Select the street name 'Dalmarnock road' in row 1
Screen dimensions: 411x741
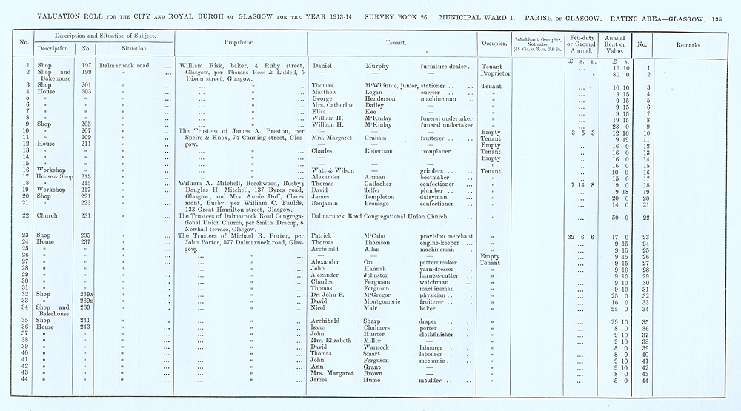pos(124,66)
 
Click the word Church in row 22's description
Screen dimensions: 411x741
pos(46,216)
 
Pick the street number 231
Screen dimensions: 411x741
pos(86,216)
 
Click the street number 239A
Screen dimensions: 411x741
pos(87,295)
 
